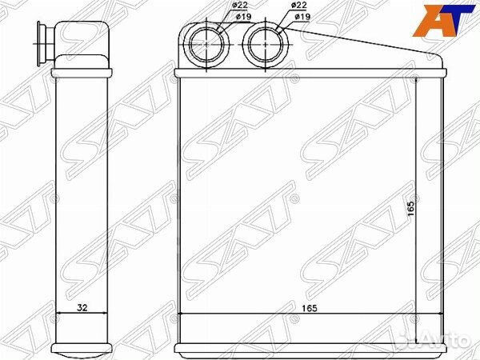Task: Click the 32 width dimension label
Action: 82,307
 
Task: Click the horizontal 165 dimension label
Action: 309,308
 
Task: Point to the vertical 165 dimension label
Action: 411,209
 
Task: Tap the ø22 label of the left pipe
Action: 240,6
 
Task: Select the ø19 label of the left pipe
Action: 243,17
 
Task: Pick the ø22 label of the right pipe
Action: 298,6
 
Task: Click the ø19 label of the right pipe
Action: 302,17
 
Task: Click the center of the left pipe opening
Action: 206,44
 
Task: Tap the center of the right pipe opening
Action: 265,44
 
